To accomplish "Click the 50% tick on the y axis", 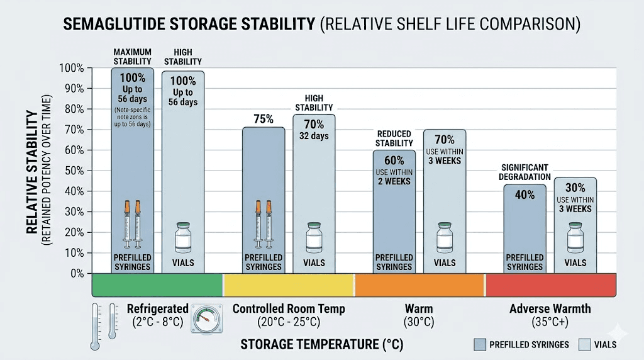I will tap(74, 171).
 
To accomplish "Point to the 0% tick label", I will tap(77, 273).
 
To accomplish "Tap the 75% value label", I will tap(264, 118).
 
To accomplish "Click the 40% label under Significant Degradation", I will tap(525, 194).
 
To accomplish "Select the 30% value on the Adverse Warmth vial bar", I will tap(575, 188).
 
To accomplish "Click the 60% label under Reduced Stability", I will tap(394, 160).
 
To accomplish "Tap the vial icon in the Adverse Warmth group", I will tap(575, 237).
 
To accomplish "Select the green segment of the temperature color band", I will tap(157, 284).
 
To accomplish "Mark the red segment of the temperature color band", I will tap(550, 284).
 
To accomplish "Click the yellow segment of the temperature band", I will tap(289, 284).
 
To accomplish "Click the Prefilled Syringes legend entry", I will tap(521, 344).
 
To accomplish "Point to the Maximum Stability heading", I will tap(132, 56).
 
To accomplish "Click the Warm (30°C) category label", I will tap(418, 315).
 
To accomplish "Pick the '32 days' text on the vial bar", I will tap(314, 135).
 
